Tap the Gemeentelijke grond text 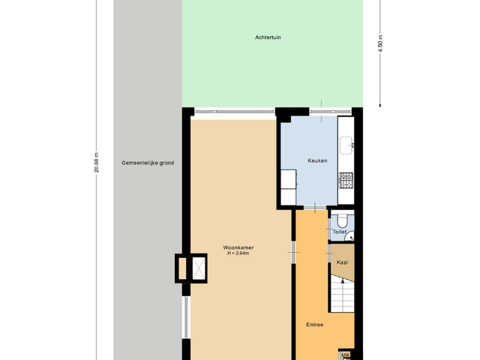(148, 162)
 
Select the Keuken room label (317, 160)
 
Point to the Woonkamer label (237, 247)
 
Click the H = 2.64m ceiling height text (237, 253)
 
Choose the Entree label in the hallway (315, 325)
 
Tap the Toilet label (340, 232)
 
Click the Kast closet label (342, 262)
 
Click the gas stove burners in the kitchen (346, 180)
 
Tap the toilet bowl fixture (342, 220)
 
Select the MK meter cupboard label (346, 355)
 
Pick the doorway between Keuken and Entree (315, 207)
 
